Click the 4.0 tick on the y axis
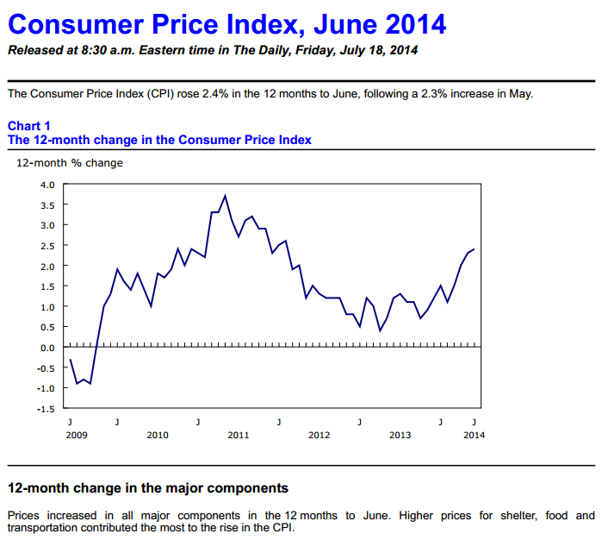pos(47,185)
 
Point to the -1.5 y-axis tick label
pos(46,409)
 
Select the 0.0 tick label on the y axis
pos(47,348)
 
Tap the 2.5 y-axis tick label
pos(47,246)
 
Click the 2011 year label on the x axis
pos(238,435)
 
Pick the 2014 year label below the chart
pos(474,435)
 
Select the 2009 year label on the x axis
pos(77,435)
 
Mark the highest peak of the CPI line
pos(225,196)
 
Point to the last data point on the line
pos(474,249)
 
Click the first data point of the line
pos(70,360)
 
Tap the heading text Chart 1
pos(29,126)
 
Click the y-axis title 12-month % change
pos(70,163)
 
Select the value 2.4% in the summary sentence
pos(215,94)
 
